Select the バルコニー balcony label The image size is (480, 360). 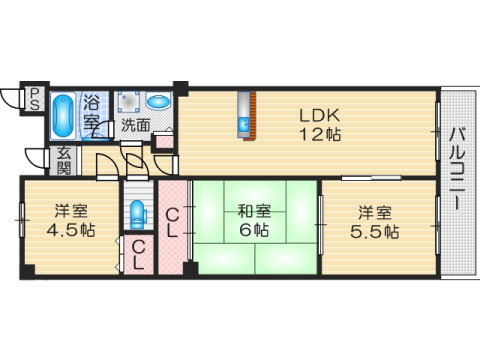[x=456, y=168]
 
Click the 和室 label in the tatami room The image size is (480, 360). [x=253, y=211]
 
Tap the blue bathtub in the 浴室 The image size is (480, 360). [x=61, y=116]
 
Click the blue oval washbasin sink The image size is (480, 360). [x=159, y=102]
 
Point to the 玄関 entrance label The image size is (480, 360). [x=63, y=160]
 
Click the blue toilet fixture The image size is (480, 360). [x=138, y=213]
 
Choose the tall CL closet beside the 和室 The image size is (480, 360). [x=172, y=222]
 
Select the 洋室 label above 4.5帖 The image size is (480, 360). [x=72, y=211]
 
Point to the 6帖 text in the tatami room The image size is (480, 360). [x=253, y=231]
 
